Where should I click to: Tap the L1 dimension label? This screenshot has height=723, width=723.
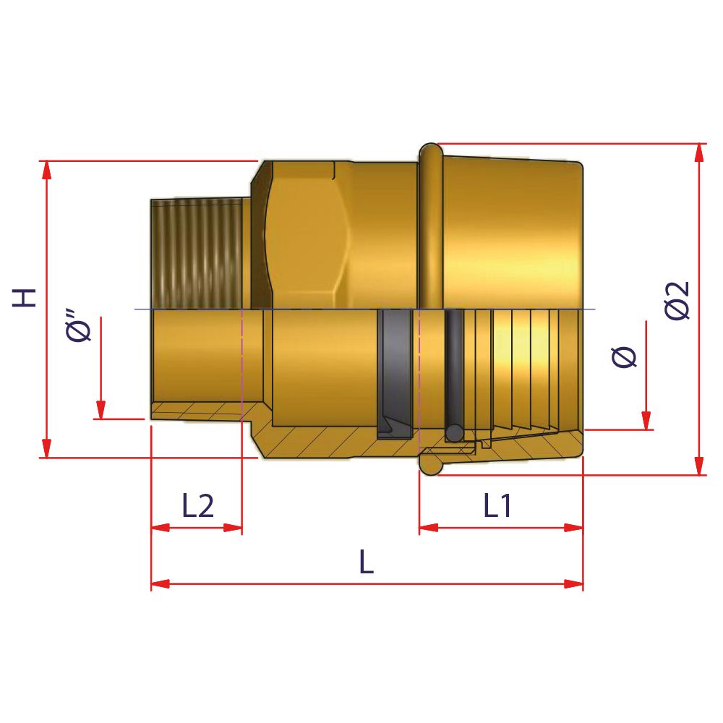pyautogui.click(x=498, y=507)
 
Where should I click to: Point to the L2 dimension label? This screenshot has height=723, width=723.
pyautogui.click(x=197, y=507)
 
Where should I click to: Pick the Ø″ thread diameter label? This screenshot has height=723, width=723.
pyautogui.click(x=80, y=327)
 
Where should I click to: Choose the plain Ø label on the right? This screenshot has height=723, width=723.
pyautogui.click(x=625, y=357)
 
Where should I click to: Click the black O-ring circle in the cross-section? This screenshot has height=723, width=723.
pyautogui.click(x=454, y=432)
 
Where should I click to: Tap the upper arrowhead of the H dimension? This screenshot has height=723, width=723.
pyautogui.click(x=47, y=169)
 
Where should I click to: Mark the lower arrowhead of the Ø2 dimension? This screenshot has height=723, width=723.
pyautogui.click(x=698, y=466)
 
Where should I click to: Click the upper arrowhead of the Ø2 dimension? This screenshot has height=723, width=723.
pyautogui.click(x=698, y=153)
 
